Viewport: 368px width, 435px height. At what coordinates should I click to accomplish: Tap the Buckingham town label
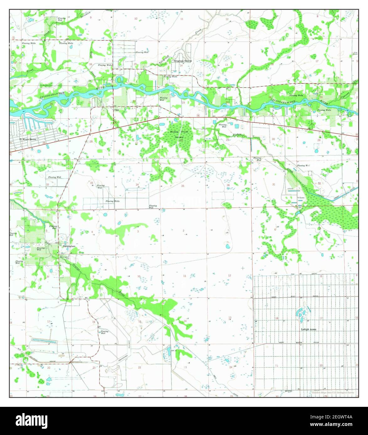tap(69, 247)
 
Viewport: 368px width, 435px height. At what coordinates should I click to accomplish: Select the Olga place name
tap(116, 110)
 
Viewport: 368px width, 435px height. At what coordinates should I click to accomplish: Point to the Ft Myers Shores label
tap(28, 139)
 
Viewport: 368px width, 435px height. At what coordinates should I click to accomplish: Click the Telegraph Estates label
tap(183, 61)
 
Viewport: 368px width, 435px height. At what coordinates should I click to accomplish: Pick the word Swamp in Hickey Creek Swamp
tap(179, 137)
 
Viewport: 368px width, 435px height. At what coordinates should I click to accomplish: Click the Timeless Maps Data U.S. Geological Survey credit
tap(333, 392)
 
